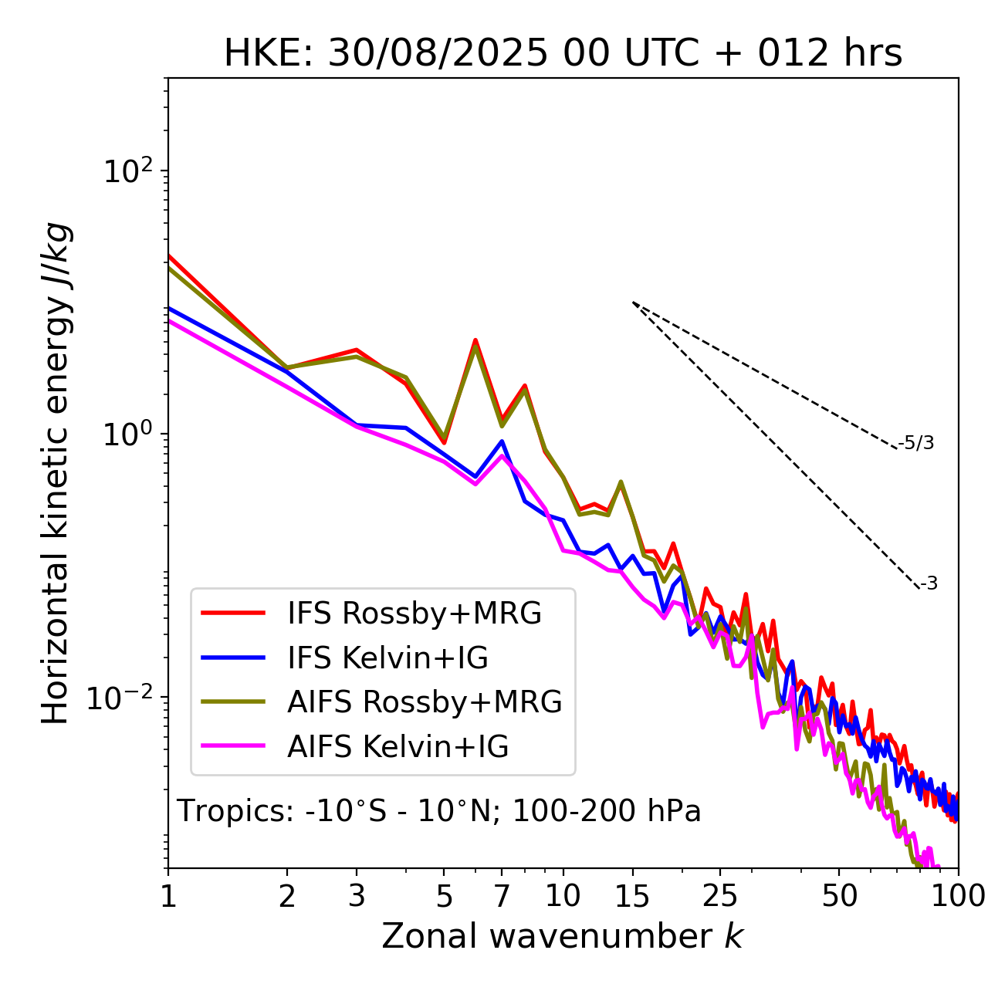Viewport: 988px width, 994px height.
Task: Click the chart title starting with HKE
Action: tap(563, 54)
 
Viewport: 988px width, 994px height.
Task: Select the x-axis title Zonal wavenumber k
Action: tap(562, 936)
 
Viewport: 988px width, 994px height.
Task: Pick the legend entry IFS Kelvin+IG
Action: tap(387, 658)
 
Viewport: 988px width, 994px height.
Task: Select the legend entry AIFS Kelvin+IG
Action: tap(398, 747)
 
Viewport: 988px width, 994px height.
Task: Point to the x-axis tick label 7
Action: tap(502, 896)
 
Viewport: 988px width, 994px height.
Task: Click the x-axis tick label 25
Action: tap(719, 896)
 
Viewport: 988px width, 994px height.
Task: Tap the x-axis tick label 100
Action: tap(958, 896)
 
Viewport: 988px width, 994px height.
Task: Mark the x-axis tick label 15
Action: tap(632, 896)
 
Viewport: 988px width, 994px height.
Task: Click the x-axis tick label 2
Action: tap(287, 896)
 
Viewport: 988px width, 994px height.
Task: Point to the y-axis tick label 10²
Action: tap(127, 172)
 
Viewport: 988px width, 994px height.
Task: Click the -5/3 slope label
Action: tap(916, 443)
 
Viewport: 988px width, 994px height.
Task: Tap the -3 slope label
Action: tap(929, 583)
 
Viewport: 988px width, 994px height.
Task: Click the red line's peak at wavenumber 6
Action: tap(475, 340)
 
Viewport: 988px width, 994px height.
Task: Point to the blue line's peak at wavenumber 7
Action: tap(502, 441)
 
